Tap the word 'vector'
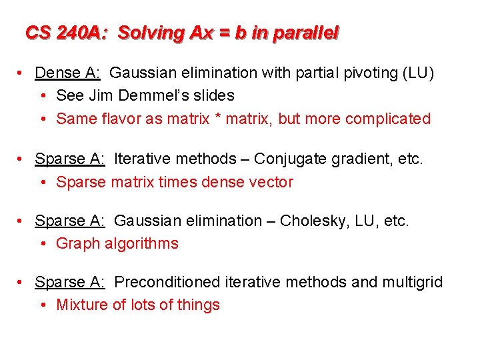coord(273,182)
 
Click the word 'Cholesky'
coord(311,220)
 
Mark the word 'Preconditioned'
coord(167,282)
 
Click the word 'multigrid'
coord(412,282)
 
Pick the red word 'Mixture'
coord(82,305)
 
